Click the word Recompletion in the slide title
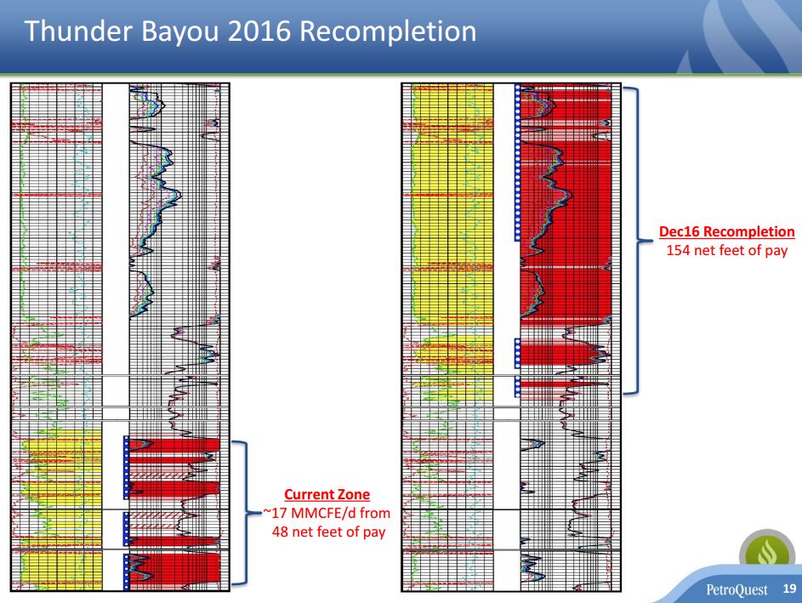[x=388, y=32]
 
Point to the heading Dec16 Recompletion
[x=727, y=231]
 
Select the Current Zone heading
[x=327, y=495]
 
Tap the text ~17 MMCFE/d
[x=301, y=513]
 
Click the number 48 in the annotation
[x=281, y=532]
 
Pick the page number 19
[x=789, y=589]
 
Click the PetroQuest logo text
[x=737, y=589]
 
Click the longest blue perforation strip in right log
[x=517, y=162]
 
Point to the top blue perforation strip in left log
[x=126, y=468]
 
